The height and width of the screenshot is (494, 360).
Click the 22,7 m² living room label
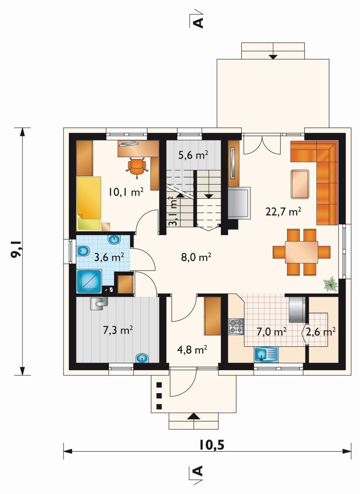tap(283, 211)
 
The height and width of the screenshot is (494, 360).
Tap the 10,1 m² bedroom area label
tap(126, 191)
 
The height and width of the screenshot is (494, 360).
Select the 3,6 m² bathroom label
tap(109, 257)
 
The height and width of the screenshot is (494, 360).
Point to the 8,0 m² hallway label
tap(196, 257)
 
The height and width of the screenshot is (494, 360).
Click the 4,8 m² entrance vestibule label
tap(192, 350)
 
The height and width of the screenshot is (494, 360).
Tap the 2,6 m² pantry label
tap(320, 331)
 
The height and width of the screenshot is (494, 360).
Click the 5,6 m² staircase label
tap(193, 155)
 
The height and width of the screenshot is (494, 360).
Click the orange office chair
tap(137, 166)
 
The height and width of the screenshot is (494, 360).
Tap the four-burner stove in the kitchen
tap(236, 326)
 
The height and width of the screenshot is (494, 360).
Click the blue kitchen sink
tap(266, 354)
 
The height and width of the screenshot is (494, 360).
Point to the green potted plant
tap(330, 283)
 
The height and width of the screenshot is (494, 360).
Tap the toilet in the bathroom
tap(83, 251)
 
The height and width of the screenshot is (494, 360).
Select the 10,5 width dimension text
tap(211, 445)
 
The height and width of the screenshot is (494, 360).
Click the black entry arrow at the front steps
tap(193, 416)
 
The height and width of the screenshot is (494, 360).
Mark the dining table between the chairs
tap(301, 252)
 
